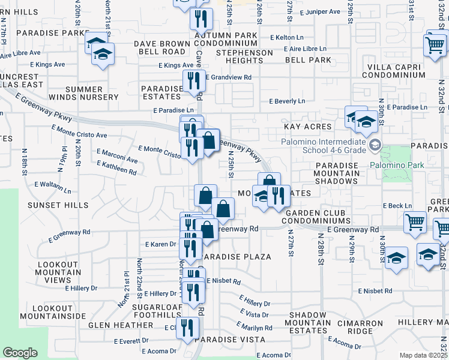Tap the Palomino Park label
pyautogui.click(x=397, y=165)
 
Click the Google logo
pyautogui.click(x=20, y=353)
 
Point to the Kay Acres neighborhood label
pyautogui.click(x=307, y=127)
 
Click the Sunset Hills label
pyautogui.click(x=58, y=205)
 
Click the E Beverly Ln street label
pyautogui.click(x=287, y=101)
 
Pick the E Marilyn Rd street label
pyautogui.click(x=255, y=327)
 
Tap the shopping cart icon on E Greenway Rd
pyautogui.click(x=415, y=223)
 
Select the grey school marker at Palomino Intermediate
pyautogui.click(x=375, y=145)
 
